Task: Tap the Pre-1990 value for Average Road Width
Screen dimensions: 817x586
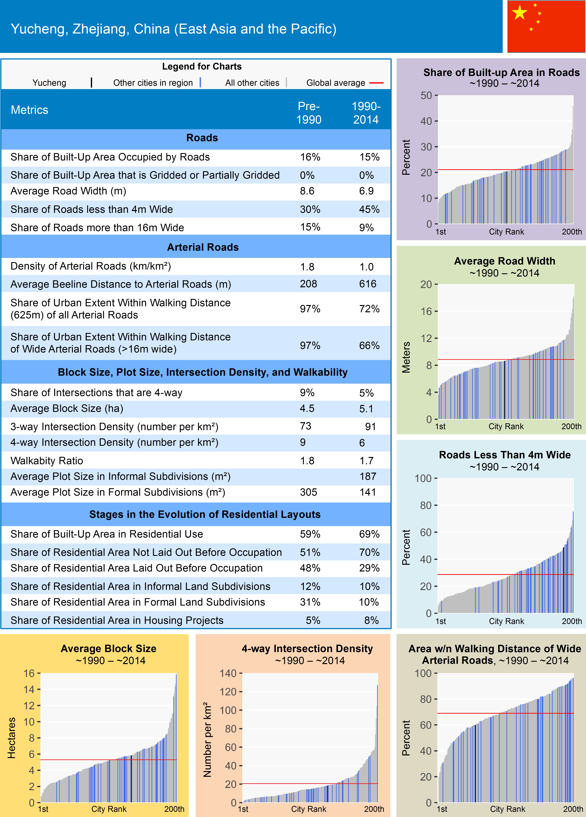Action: pyautogui.click(x=307, y=191)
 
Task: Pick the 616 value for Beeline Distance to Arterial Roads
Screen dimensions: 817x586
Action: pyautogui.click(x=368, y=284)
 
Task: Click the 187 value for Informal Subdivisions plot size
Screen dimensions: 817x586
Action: pyautogui.click(x=368, y=476)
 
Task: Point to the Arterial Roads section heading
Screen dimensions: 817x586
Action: pyautogui.click(x=203, y=247)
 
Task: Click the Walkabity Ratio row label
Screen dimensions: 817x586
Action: pyautogui.click(x=47, y=461)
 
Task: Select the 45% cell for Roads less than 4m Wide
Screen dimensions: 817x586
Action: pyautogui.click(x=369, y=209)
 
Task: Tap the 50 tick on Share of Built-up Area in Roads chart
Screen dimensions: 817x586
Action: pyautogui.click(x=426, y=96)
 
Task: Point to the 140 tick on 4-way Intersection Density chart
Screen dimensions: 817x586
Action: pyautogui.click(x=228, y=673)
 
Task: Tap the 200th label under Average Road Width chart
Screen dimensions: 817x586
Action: pyautogui.click(x=571, y=427)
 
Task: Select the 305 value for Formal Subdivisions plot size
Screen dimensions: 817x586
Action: pyautogui.click(x=308, y=492)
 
